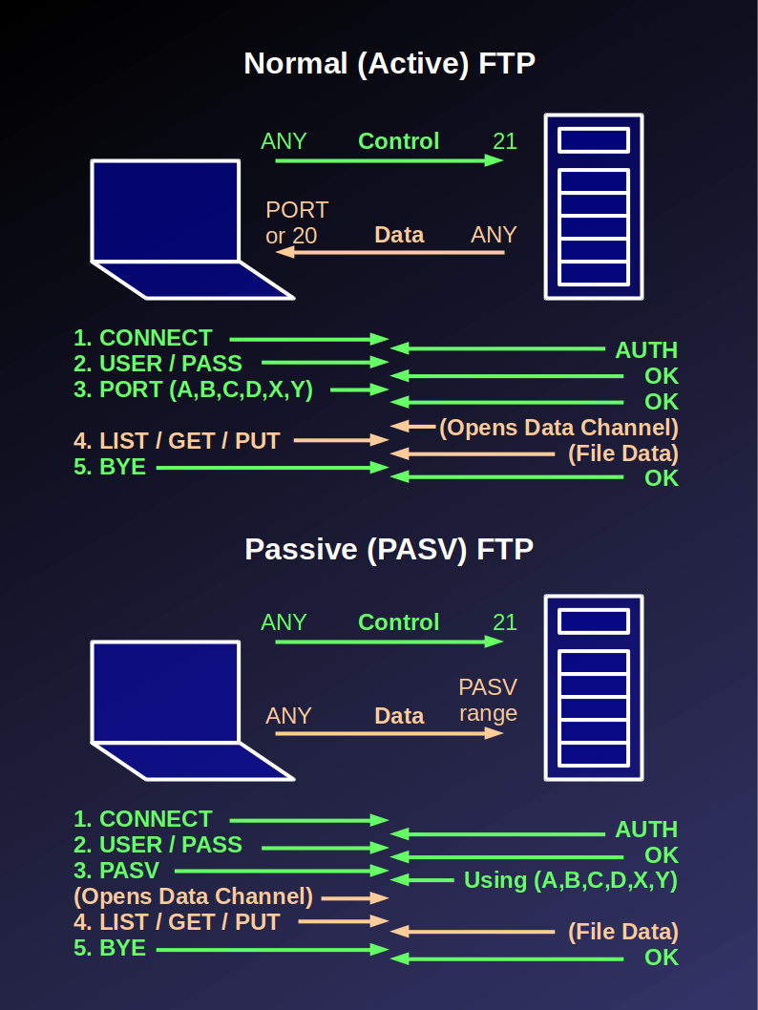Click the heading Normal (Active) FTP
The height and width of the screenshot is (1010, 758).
[390, 64]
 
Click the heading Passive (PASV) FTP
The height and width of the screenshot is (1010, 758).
[389, 550]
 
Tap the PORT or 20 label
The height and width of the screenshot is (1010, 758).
[297, 222]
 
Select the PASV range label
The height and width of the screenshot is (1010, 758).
[488, 700]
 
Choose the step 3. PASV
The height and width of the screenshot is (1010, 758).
[116, 871]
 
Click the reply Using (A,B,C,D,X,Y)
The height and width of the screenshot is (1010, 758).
[570, 880]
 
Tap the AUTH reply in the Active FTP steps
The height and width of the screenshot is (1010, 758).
[646, 350]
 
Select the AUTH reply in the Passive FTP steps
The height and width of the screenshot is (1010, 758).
[646, 830]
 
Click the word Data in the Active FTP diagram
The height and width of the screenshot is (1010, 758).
[399, 235]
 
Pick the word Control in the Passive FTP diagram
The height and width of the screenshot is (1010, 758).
[398, 622]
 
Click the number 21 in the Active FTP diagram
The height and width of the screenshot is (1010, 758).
[504, 141]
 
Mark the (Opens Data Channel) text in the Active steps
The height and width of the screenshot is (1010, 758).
[558, 427]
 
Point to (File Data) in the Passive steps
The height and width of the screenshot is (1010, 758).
[622, 932]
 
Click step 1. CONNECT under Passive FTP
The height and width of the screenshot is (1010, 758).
[143, 819]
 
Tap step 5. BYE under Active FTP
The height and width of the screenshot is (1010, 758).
[110, 468]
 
